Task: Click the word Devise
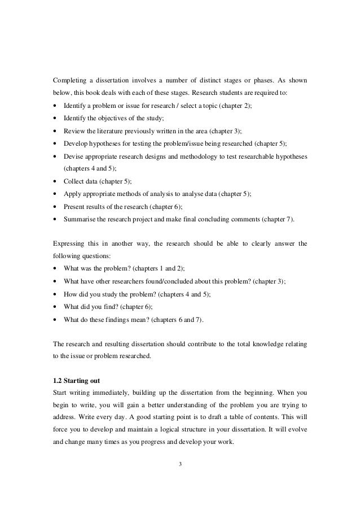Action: tap(76, 152)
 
